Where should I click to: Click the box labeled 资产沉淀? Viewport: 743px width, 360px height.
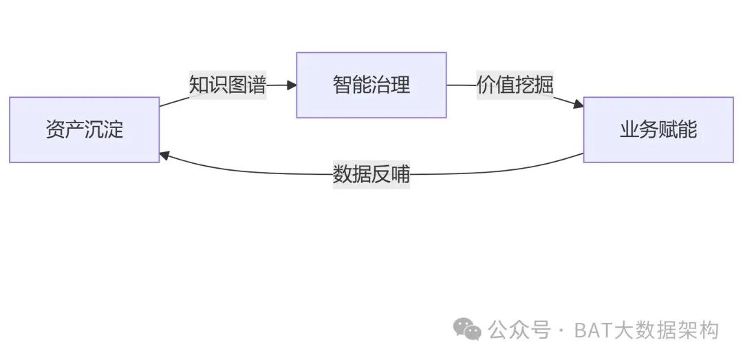tap(84, 129)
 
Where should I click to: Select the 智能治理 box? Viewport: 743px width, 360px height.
tap(371, 85)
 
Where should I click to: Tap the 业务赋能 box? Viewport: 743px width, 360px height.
tap(658, 129)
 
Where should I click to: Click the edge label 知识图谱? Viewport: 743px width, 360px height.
tap(228, 85)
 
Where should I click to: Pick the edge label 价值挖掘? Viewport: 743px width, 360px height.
tap(515, 85)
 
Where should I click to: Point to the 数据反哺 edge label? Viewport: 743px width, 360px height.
tap(371, 174)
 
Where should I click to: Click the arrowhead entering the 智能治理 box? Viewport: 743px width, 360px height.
tap(292, 85)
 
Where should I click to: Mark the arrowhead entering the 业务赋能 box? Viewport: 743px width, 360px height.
tap(579, 105)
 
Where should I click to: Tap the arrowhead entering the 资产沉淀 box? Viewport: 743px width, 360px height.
tap(165, 155)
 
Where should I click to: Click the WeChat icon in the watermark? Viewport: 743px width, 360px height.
tap(471, 330)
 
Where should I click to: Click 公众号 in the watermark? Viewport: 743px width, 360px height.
tap(519, 330)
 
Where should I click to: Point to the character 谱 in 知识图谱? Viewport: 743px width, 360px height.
tap(257, 85)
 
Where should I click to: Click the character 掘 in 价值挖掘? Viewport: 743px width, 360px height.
tap(544, 85)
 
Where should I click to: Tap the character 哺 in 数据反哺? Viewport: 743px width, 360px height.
tap(400, 174)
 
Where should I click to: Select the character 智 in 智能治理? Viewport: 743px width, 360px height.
tap(343, 85)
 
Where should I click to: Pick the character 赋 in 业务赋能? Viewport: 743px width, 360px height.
tap(668, 129)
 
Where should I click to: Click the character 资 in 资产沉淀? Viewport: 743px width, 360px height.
tap(55, 129)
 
